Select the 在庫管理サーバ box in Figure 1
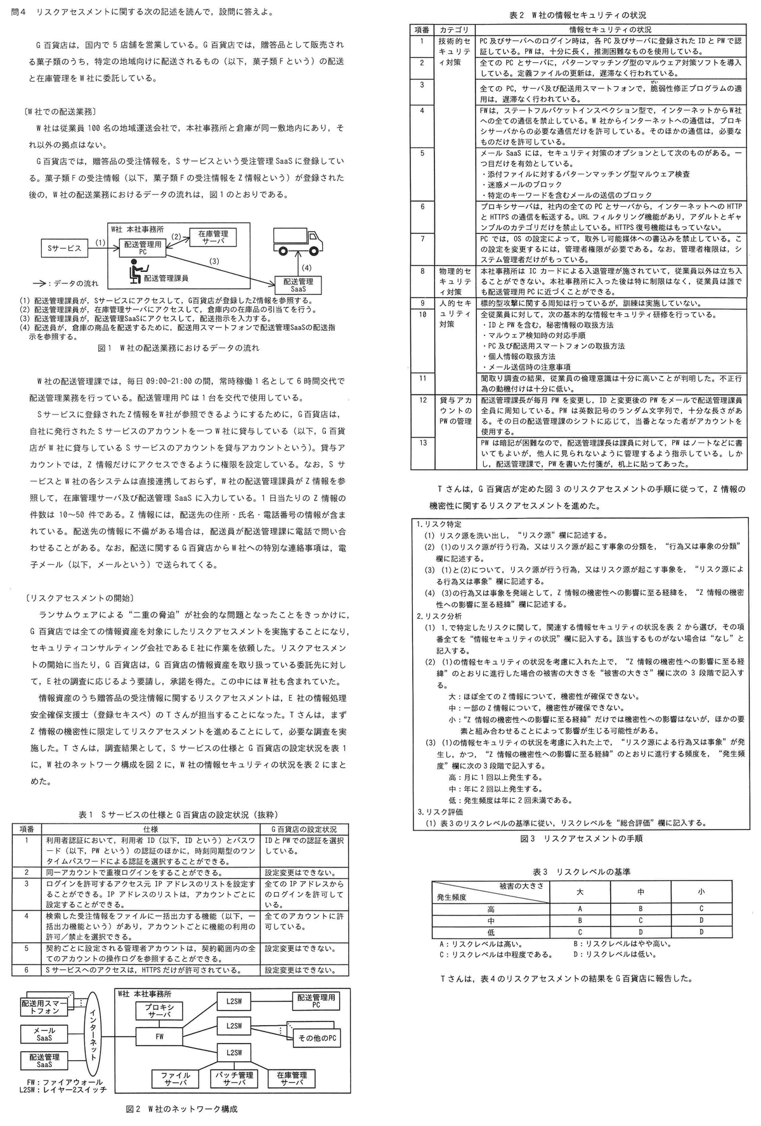pos(213,237)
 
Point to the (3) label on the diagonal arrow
pos(214,261)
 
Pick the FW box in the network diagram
pos(159,1037)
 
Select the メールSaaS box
pos(44,1034)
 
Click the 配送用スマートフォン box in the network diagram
pos(44,1007)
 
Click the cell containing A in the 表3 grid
pos(580,909)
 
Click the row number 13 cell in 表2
pos(422,443)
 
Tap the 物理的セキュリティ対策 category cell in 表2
pos(455,281)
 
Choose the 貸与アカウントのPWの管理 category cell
pos(455,410)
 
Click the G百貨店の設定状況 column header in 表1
pos(304,829)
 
